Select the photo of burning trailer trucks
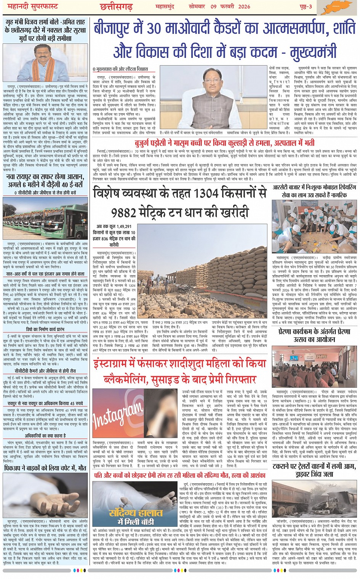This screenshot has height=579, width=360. point(315,497)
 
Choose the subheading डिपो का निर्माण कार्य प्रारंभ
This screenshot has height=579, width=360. point(45,329)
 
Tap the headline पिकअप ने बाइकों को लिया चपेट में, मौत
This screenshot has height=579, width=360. point(45,467)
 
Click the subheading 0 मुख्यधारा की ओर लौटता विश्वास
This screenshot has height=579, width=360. point(120,69)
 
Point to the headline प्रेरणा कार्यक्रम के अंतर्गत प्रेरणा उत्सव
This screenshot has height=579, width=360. point(315,335)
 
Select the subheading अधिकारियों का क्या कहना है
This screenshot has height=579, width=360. point(45,435)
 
